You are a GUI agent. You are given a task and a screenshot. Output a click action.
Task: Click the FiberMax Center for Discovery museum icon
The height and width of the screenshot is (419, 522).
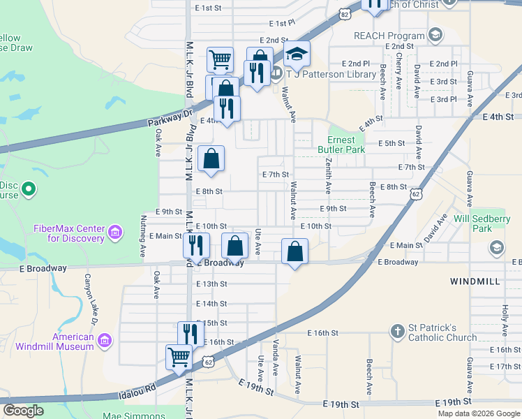pos(115,232)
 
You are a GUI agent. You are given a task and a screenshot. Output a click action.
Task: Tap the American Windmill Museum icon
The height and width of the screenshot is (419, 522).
pos(104,340)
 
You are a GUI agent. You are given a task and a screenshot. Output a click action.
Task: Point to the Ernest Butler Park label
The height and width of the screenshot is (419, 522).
pos(341,145)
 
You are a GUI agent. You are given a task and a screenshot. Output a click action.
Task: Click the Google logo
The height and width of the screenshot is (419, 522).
pos(23,411)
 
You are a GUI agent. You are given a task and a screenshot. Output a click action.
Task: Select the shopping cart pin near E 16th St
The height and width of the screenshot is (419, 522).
pos(179,357)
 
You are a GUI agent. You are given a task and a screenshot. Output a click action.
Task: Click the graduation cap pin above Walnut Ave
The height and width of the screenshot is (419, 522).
pos(297,53)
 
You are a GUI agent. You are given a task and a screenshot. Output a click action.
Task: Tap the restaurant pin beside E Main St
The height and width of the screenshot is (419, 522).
pos(196,244)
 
